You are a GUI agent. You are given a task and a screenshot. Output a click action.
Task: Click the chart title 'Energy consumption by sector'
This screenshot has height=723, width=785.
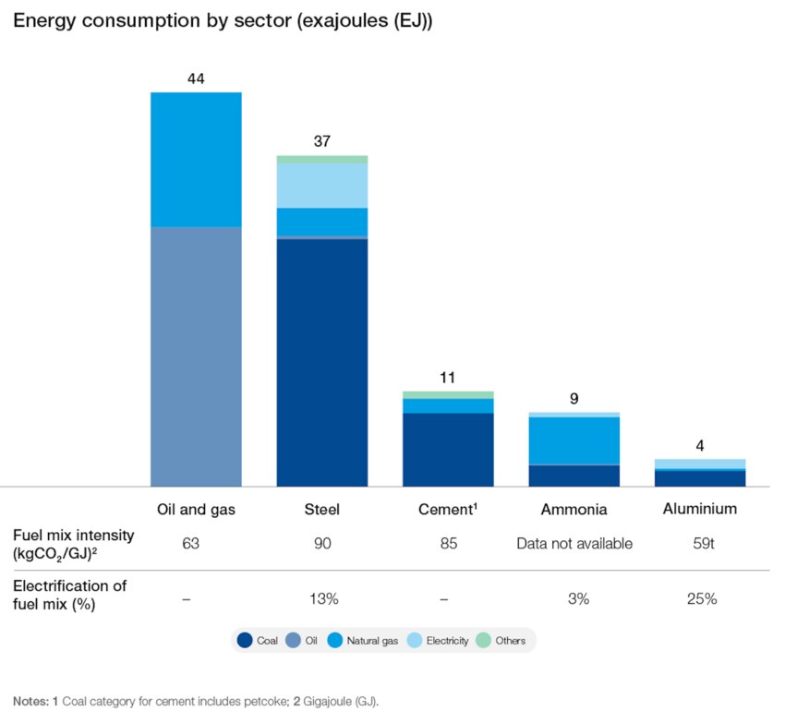(x=223, y=21)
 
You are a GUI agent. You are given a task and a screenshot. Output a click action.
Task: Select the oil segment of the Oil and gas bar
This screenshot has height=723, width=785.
(x=196, y=355)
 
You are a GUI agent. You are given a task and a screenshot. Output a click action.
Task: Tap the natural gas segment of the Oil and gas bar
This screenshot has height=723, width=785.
(x=196, y=159)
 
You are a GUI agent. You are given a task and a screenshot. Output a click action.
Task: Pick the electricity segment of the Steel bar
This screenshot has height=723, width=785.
(x=322, y=186)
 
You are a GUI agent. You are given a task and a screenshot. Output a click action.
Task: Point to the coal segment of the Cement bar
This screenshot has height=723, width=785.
(x=448, y=449)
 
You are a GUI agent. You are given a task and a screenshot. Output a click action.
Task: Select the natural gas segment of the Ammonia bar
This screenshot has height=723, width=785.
(x=574, y=440)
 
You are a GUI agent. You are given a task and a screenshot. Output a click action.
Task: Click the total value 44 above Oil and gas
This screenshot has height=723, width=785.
(x=196, y=78)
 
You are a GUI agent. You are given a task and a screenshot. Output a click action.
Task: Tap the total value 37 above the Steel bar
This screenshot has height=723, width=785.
(x=322, y=141)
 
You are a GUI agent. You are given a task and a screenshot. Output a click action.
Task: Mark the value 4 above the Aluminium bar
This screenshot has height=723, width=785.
(x=700, y=445)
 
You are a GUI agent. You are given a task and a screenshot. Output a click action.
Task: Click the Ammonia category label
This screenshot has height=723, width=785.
(x=574, y=509)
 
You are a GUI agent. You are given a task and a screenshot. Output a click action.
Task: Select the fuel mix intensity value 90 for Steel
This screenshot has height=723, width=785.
(x=322, y=543)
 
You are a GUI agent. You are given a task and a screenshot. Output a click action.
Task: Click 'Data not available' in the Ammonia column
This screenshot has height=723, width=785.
(x=574, y=543)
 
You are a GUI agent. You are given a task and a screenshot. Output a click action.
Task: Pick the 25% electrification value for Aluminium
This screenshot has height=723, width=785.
(x=700, y=598)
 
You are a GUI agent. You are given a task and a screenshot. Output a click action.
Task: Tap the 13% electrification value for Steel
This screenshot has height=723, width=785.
(x=322, y=598)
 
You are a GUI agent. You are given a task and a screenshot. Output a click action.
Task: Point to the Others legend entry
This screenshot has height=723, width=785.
(x=502, y=640)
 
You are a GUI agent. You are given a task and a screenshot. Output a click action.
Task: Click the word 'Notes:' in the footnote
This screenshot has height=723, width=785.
(x=31, y=701)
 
